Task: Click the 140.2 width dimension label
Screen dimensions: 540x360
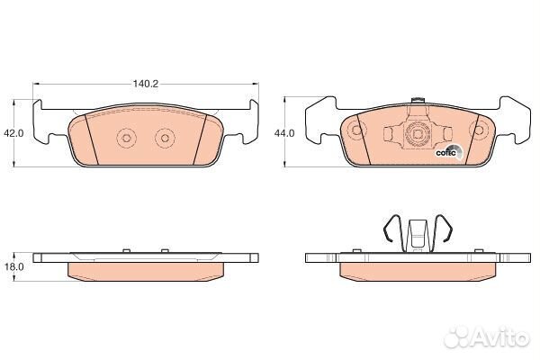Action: [x=146, y=84]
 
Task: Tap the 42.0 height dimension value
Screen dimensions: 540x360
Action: [x=13, y=133]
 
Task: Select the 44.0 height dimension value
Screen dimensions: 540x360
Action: [x=284, y=133]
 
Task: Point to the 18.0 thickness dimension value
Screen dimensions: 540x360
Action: [x=13, y=266]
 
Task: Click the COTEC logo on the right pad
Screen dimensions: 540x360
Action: [x=449, y=153]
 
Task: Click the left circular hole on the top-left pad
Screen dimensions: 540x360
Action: [x=126, y=138]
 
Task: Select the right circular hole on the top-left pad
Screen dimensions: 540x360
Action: [x=165, y=138]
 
